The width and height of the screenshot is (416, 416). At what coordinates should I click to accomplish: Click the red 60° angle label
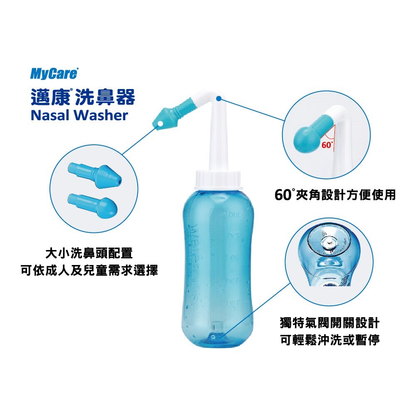coord(327,144)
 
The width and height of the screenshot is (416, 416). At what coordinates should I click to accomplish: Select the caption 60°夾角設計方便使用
coord(335,195)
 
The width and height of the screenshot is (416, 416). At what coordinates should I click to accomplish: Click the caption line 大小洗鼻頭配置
coord(89,253)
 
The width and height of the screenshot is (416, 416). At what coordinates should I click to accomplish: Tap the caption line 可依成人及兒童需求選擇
coord(89,270)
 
